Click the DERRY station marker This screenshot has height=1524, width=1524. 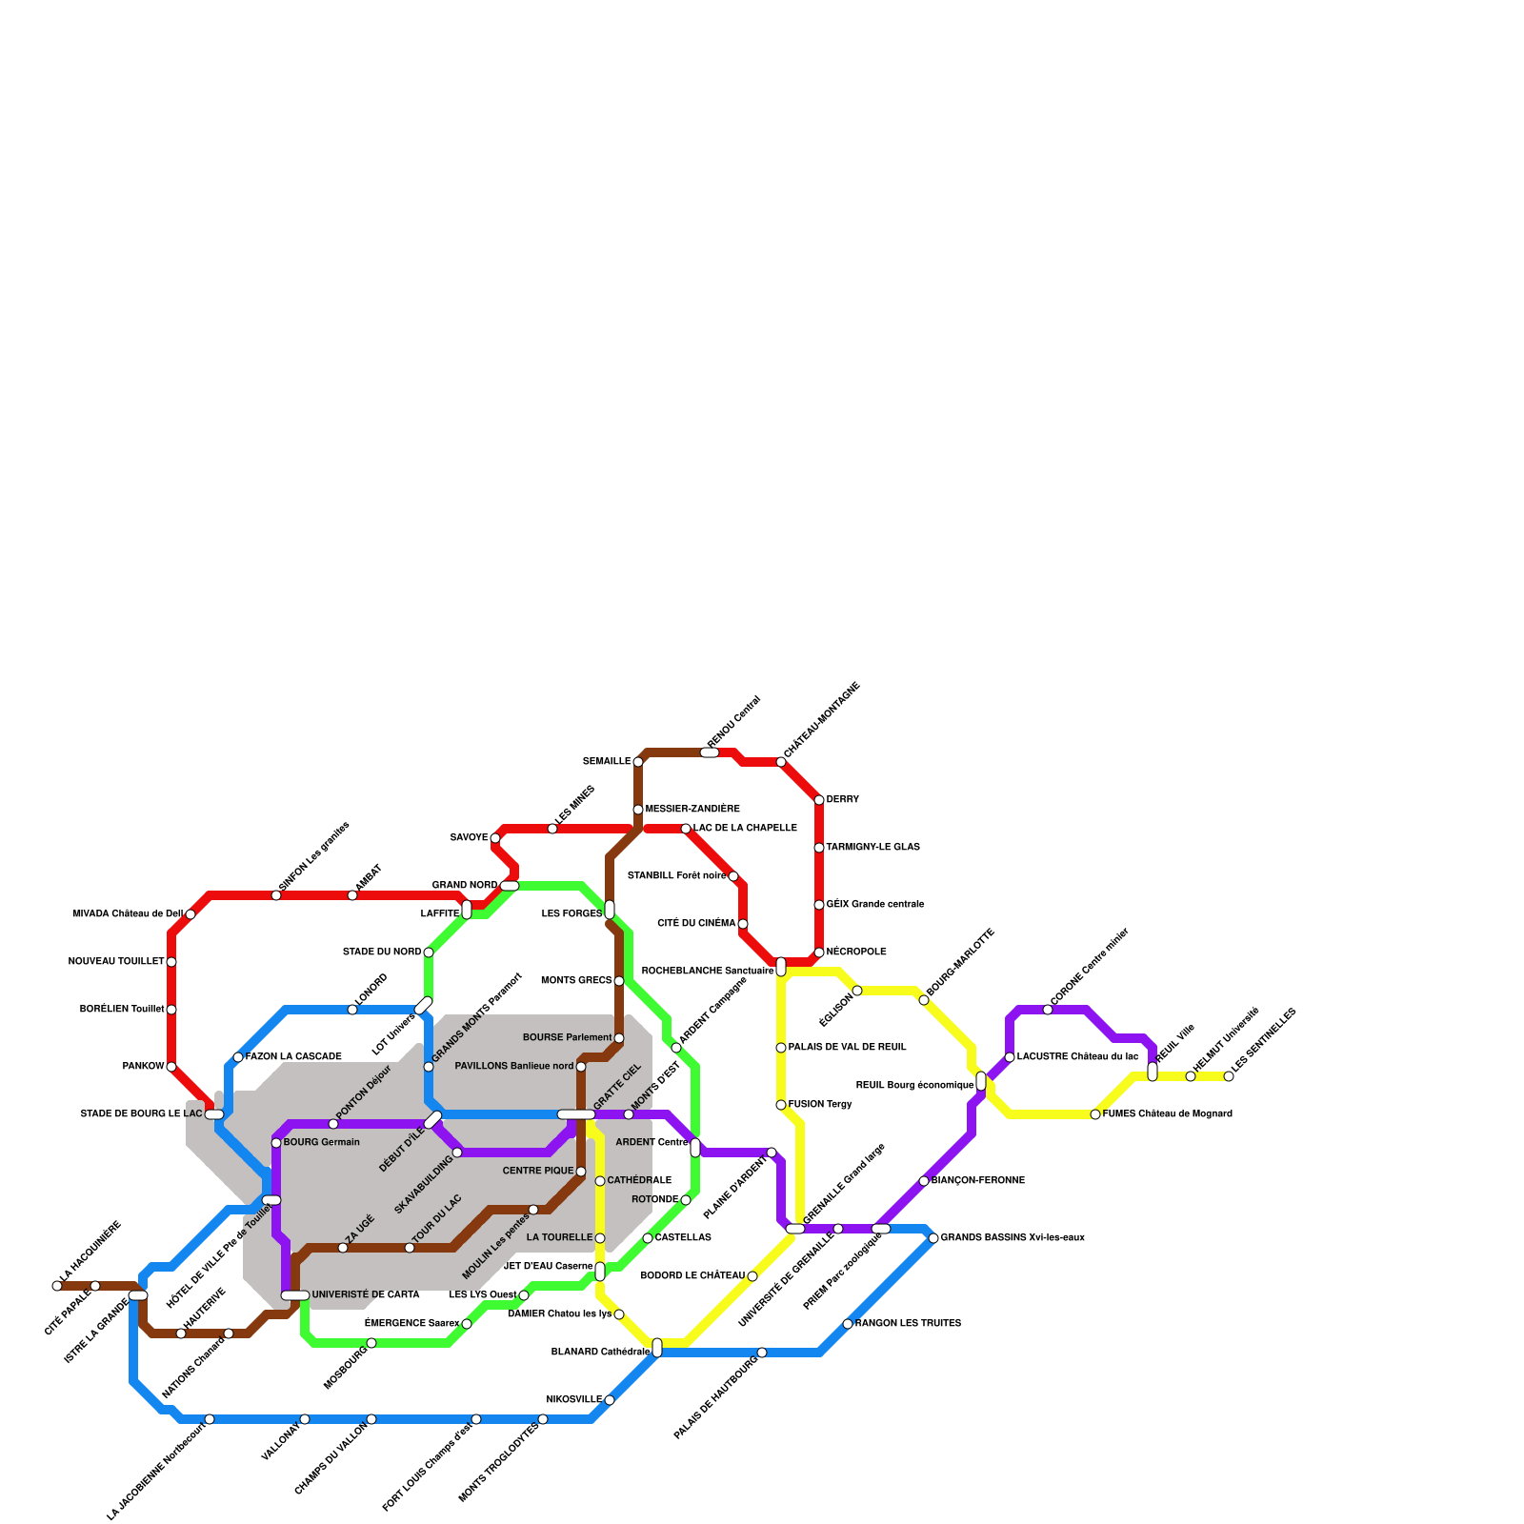pyautogui.click(x=819, y=800)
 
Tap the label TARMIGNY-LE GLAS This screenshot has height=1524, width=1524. pyautogui.click(x=872, y=848)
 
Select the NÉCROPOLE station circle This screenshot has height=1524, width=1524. pyautogui.click(x=819, y=952)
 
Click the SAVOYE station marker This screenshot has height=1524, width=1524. pyautogui.click(x=495, y=838)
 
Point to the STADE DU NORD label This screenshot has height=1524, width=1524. pyautogui.click(x=382, y=952)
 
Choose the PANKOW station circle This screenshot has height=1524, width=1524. pyautogui.click(x=171, y=1067)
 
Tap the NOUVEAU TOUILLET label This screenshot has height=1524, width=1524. pyautogui.click(x=116, y=962)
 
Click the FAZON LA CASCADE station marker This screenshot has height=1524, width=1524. pyautogui.click(x=238, y=1057)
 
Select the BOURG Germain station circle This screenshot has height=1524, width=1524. pyautogui.click(x=276, y=1143)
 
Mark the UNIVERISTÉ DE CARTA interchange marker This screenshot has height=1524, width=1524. pyautogui.click(x=295, y=1295)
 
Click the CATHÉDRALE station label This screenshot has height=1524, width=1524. pyautogui.click(x=639, y=1181)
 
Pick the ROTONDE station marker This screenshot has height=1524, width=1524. pyautogui.click(x=686, y=1200)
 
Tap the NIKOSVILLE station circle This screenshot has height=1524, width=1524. pyautogui.click(x=610, y=1400)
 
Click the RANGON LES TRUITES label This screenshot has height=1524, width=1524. pyautogui.click(x=908, y=1324)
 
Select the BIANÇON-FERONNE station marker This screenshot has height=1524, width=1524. pyautogui.click(x=924, y=1181)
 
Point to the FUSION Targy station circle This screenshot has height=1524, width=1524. pyautogui.click(x=781, y=1105)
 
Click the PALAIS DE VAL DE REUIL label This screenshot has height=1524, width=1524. pyautogui.click(x=847, y=1048)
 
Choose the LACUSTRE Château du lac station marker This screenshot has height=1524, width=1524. pyautogui.click(x=1010, y=1057)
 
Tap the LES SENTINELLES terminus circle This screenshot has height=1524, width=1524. pyautogui.click(x=1229, y=1076)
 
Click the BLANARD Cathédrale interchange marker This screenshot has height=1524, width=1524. pyautogui.click(x=657, y=1348)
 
